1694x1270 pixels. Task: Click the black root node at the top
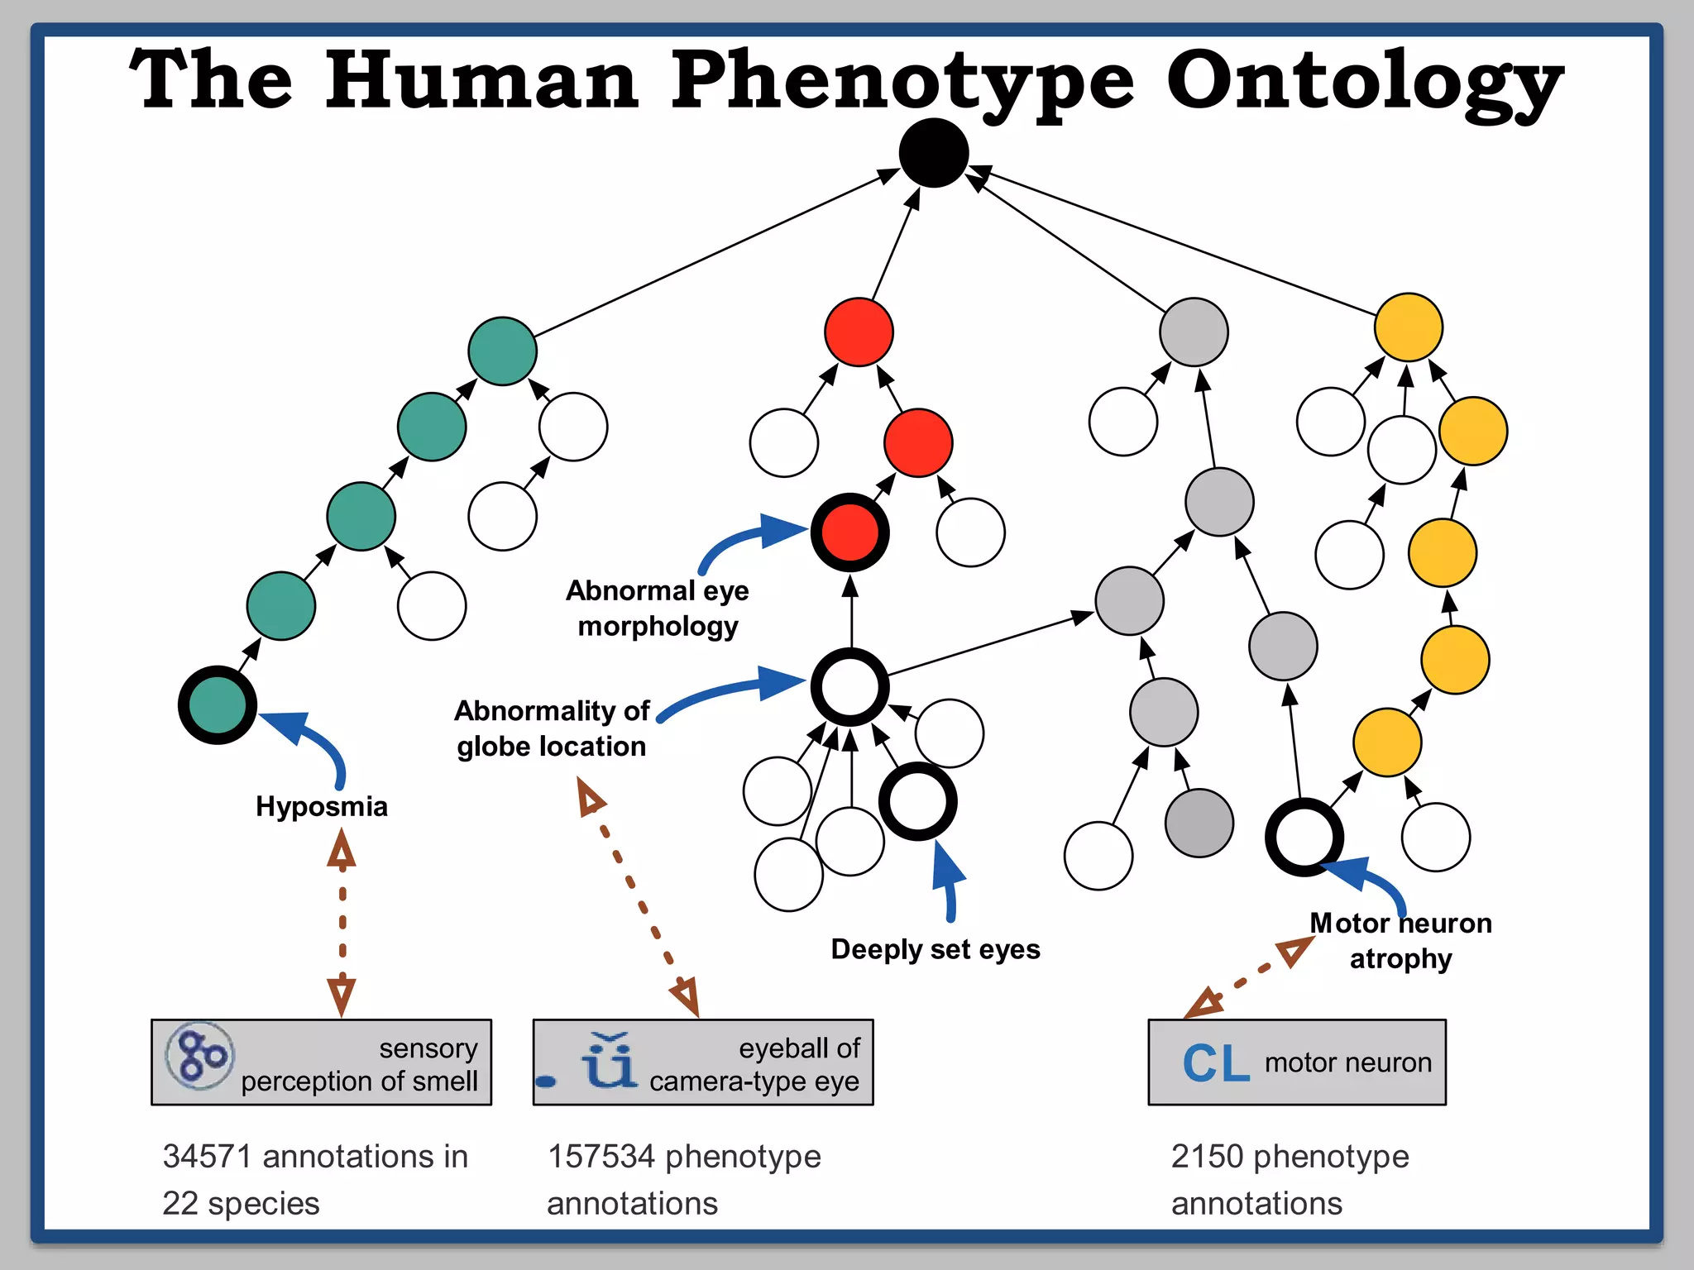[934, 153]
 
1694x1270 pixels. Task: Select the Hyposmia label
[321, 806]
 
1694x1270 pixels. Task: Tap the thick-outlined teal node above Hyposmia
[218, 705]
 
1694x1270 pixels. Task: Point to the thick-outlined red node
[849, 532]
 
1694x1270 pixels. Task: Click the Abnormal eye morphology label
[658, 609]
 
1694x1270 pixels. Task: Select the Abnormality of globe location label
[552, 728]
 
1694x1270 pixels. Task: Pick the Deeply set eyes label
[935, 949]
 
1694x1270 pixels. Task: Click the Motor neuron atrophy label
[1400, 941]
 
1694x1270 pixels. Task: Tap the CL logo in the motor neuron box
[1215, 1063]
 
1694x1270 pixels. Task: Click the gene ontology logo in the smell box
[200, 1056]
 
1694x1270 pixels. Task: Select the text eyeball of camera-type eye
[754, 1064]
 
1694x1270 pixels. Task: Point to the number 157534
[601, 1156]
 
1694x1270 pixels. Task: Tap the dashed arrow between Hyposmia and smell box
[342, 922]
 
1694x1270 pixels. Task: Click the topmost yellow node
[1408, 327]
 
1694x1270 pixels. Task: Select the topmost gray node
[1193, 332]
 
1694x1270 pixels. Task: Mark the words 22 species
[241, 1203]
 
